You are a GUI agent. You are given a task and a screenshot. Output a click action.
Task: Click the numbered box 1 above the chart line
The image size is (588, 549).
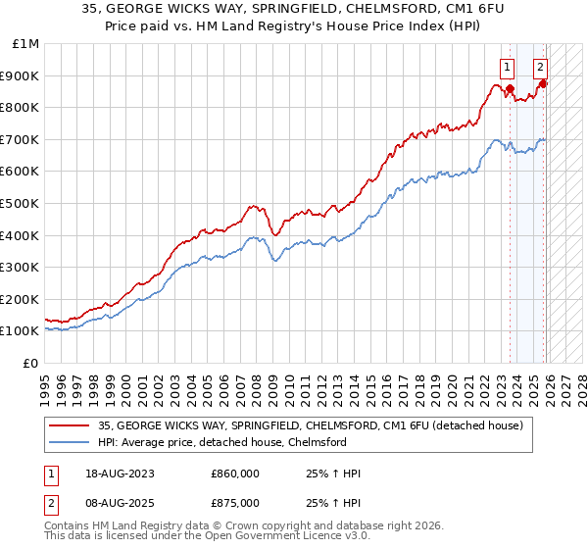[507, 68]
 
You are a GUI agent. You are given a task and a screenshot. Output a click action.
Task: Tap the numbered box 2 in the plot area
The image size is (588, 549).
[540, 68]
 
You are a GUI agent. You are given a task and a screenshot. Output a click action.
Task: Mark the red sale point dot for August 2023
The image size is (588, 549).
[510, 88]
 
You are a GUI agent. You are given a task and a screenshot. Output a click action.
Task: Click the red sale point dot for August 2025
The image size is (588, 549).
[543, 83]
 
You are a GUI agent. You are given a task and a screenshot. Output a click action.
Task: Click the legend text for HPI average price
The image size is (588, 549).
[222, 442]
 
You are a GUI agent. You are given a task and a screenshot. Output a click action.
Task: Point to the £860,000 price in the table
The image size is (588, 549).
[235, 474]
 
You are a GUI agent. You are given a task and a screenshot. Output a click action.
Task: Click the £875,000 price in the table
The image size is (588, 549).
[235, 503]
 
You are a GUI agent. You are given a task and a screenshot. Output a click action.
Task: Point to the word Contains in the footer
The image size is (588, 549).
[70, 527]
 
